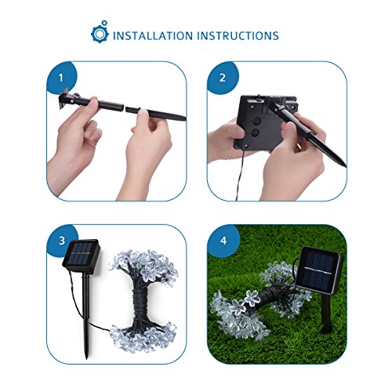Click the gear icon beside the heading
pyautogui.click(x=100, y=32)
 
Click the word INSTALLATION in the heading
pyautogui.click(x=153, y=36)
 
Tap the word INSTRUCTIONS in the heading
pyautogui.click(x=238, y=36)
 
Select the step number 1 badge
pyautogui.click(x=61, y=78)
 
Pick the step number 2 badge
pyautogui.click(x=223, y=78)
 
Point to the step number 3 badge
pyautogui.click(x=62, y=241)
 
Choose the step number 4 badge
pyautogui.click(x=223, y=241)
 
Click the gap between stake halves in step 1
pyautogui.click(x=125, y=108)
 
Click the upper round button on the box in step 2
pyautogui.click(x=257, y=121)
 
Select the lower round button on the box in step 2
pyautogui.click(x=255, y=132)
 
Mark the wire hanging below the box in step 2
pyautogui.click(x=240, y=175)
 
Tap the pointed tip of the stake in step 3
pyautogui.click(x=87, y=356)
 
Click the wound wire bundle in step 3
pyautogui.click(x=142, y=303)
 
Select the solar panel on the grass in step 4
pyautogui.click(x=319, y=270)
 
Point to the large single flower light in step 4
pyautogui.click(x=252, y=298)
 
